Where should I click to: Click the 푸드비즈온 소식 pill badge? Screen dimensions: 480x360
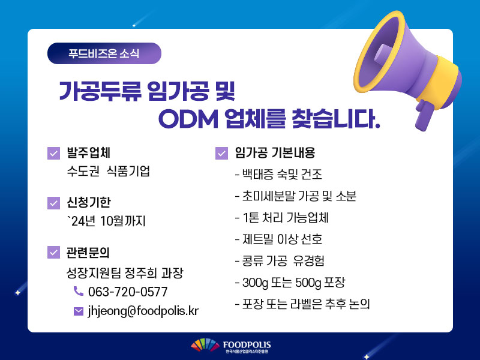pyautogui.click(x=104, y=53)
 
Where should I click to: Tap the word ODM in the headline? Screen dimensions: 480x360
pyautogui.click(x=188, y=119)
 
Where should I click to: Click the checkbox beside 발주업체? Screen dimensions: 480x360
pyautogui.click(x=53, y=153)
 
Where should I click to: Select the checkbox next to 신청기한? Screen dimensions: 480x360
pyautogui.click(x=53, y=203)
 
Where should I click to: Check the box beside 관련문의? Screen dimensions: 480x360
pyautogui.click(x=53, y=252)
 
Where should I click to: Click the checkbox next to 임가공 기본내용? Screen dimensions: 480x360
pyautogui.click(x=221, y=153)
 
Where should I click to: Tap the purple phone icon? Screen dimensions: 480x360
pyautogui.click(x=79, y=291)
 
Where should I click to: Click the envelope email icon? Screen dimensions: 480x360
pyautogui.click(x=79, y=311)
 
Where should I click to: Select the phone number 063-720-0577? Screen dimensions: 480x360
pyautogui.click(x=128, y=292)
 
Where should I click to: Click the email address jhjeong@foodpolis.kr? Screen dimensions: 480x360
pyautogui.click(x=143, y=311)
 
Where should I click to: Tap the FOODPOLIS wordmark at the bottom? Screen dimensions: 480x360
pyautogui.click(x=247, y=346)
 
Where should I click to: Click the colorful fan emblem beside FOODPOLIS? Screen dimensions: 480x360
pyautogui.click(x=205, y=344)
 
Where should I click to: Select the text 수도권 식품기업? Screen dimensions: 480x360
pyautogui.click(x=109, y=171)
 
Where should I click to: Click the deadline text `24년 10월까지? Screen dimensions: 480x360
pyautogui.click(x=106, y=221)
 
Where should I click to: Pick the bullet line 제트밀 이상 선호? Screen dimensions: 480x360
pyautogui.click(x=278, y=239)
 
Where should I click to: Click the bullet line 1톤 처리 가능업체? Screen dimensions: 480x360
pyautogui.click(x=281, y=218)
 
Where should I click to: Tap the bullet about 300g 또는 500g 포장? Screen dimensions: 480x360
pyautogui.click(x=290, y=283)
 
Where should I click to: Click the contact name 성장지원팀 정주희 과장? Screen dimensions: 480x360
pyautogui.click(x=125, y=273)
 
